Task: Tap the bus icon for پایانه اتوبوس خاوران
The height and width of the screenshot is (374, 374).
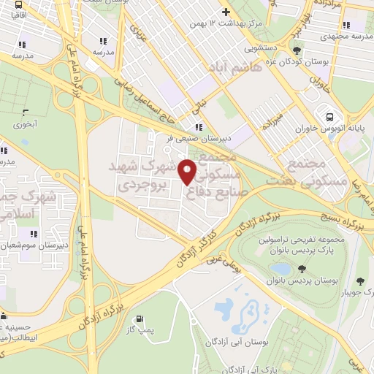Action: tap(329, 117)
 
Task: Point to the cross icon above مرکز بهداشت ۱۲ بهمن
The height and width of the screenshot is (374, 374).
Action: tap(226, 12)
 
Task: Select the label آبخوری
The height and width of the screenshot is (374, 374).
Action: tap(25, 124)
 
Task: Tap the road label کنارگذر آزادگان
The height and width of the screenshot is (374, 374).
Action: tap(191, 247)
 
